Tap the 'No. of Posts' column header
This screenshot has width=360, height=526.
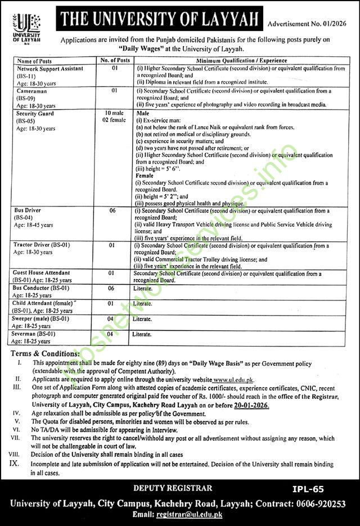tap(115, 60)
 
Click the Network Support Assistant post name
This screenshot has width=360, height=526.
tap(50, 68)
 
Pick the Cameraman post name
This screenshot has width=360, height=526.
tap(31, 90)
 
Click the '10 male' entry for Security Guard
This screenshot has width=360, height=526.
tap(114, 113)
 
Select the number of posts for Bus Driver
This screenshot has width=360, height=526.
tap(113, 210)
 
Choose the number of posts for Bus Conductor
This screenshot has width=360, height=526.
tap(113, 288)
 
